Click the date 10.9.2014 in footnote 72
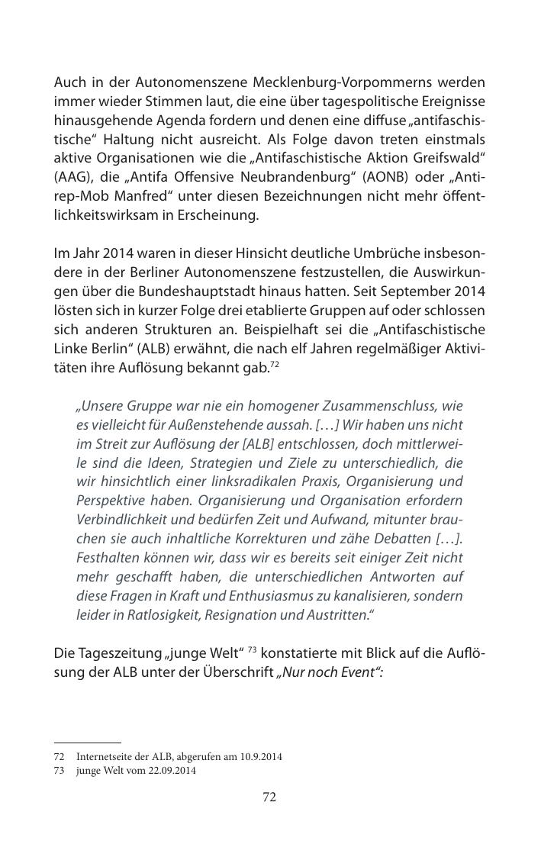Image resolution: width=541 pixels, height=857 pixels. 259,757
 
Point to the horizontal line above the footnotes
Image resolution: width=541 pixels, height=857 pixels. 87,742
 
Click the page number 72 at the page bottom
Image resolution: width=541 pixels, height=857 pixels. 269,797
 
